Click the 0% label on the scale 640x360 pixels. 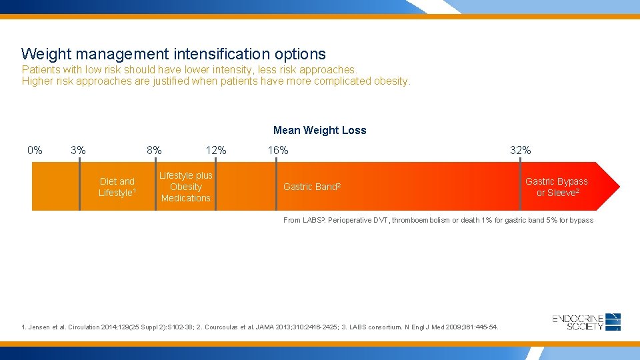(35, 150)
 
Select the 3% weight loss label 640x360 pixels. (78, 150)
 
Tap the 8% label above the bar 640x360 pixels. (154, 150)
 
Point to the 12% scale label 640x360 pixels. (215, 150)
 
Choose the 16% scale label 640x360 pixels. (278, 150)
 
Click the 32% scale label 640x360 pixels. (520, 150)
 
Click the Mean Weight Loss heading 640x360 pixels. (319, 131)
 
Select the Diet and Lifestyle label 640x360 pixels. (117, 187)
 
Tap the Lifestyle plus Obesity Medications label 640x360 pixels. (185, 187)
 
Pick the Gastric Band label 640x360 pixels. (312, 187)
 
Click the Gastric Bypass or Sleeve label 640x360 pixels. (557, 187)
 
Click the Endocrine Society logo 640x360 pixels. (587, 322)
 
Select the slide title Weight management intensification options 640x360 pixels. (173, 54)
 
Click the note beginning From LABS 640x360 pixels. (438, 220)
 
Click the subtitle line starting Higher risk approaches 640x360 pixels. (216, 81)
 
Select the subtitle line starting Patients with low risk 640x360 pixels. (189, 69)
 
